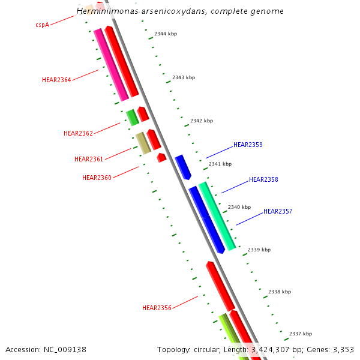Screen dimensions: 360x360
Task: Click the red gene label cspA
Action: [x=42, y=25]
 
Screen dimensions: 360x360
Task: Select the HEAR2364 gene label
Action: [x=56, y=80]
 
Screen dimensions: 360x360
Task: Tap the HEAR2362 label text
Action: [x=78, y=133]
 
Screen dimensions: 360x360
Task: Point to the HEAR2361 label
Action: [x=89, y=159]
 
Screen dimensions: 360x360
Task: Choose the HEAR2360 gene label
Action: [x=97, y=178]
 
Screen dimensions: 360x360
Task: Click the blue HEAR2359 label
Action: [x=248, y=145]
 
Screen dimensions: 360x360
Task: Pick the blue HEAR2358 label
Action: [x=263, y=179]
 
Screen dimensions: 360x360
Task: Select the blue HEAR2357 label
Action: [x=278, y=211]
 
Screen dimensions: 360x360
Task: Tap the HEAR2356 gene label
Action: [x=157, y=308]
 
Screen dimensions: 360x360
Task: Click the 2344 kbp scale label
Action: [x=166, y=34]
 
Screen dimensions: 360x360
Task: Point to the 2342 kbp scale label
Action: [x=202, y=121]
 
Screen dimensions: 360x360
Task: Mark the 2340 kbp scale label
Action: [x=239, y=207]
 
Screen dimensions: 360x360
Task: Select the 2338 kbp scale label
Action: [x=280, y=292]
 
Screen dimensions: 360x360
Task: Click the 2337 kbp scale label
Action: [x=301, y=334]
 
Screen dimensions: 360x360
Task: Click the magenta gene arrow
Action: [x=112, y=65]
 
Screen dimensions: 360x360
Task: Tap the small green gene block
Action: [x=132, y=118]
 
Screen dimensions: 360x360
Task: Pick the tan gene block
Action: [x=143, y=143]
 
